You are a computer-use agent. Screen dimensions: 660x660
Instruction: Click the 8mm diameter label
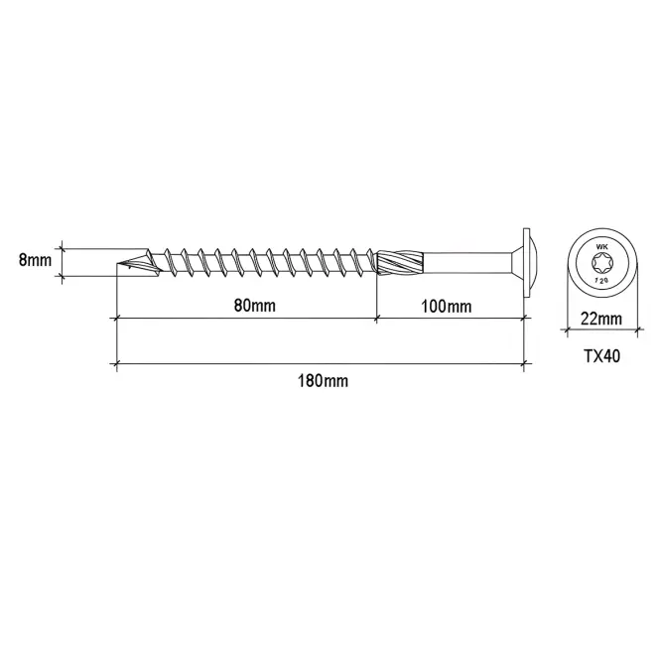pos(35,260)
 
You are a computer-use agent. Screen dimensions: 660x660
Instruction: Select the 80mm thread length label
pos(255,305)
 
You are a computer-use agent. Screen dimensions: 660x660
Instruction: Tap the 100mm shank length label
pos(447,307)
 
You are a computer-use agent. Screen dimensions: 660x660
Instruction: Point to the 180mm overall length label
pos(323,381)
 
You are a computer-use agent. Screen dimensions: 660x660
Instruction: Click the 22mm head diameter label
pos(601,319)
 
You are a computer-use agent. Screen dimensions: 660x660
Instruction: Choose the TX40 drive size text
pos(601,356)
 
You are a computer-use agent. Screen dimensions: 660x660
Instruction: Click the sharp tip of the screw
pos(117,264)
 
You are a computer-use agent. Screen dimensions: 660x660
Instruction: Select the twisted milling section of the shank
pos(400,263)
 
